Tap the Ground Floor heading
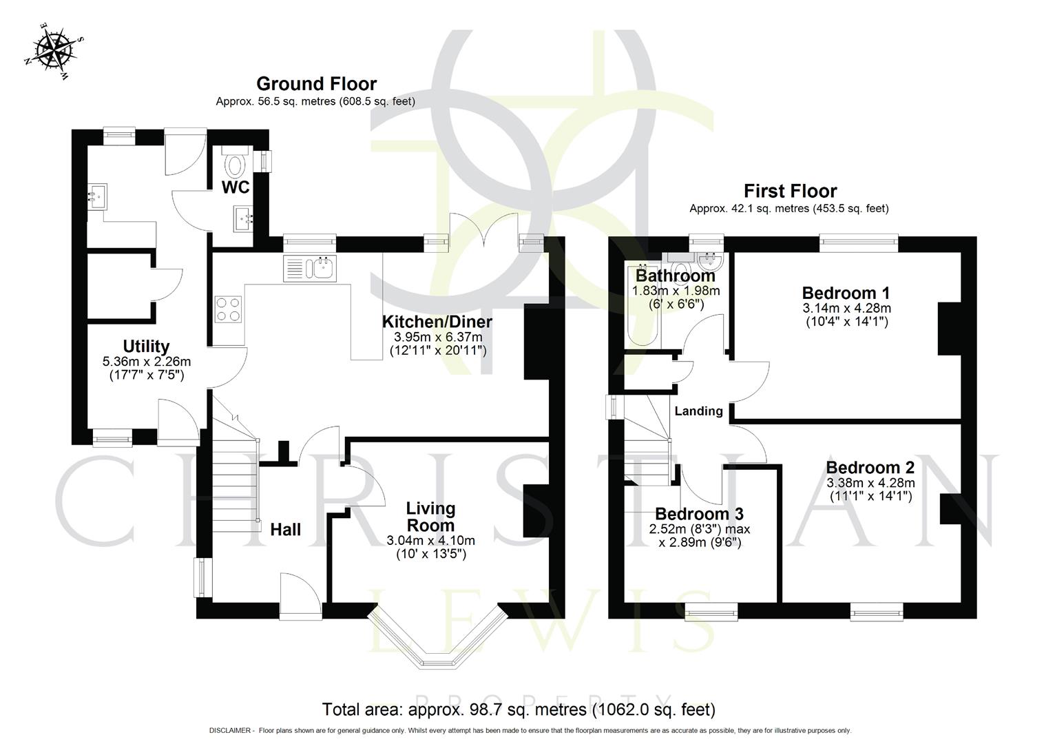coord(316,84)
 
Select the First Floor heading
coord(790,191)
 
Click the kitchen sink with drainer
coord(309,268)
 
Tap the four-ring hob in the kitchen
coord(229,309)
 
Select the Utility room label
coord(146,346)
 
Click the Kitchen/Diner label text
coord(437,322)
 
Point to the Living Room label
coord(430,517)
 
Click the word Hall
coord(285,530)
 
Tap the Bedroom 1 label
coord(846,292)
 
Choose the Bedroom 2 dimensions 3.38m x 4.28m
coord(870,482)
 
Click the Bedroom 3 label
coord(699,514)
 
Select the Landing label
coord(698,411)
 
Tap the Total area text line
coord(519,709)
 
